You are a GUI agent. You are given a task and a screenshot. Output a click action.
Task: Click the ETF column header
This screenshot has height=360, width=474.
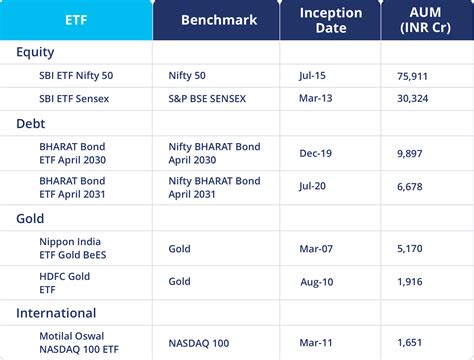(x=76, y=20)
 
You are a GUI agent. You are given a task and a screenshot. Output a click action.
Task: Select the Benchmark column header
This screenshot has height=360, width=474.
(x=218, y=20)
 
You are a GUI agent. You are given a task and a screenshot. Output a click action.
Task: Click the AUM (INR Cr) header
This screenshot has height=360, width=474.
(x=424, y=20)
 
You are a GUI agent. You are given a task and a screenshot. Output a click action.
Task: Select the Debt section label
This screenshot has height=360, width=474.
(x=31, y=123)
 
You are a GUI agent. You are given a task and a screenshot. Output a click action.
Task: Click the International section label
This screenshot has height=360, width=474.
(x=56, y=313)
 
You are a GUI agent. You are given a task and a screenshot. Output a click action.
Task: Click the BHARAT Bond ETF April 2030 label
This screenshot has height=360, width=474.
(x=72, y=153)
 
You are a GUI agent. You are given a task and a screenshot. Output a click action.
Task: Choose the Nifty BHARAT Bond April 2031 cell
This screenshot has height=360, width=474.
(x=214, y=188)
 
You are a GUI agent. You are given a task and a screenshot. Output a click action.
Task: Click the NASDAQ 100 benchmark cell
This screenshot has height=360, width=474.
(x=206, y=343)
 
